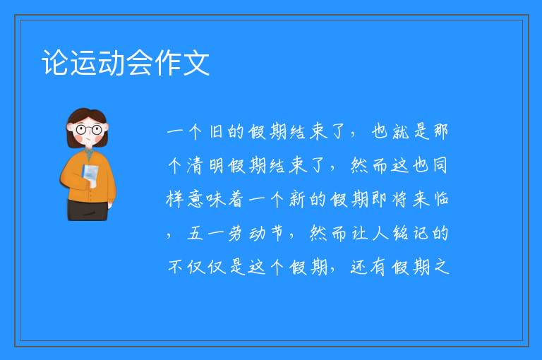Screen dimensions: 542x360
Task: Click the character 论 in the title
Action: [55, 63]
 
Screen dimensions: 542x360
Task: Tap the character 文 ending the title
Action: [196, 63]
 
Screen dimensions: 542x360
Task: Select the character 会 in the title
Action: [140, 63]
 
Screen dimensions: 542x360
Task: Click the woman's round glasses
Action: [88, 130]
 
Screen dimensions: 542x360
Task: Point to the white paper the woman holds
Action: [90, 174]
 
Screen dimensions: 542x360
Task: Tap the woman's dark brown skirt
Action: [88, 210]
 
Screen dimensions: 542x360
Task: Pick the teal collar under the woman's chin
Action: [89, 154]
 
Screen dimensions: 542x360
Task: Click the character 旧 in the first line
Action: [216, 131]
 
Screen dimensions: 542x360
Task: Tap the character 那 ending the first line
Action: [440, 131]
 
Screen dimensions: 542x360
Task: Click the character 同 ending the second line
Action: [440, 165]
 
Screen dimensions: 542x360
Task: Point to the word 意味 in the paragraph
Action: [206, 200]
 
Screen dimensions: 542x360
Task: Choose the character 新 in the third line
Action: [297, 200]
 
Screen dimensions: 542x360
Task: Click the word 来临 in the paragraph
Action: [430, 200]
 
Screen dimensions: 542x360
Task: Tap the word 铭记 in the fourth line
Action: [410, 234]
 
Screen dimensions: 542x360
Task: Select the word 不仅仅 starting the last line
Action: [197, 268]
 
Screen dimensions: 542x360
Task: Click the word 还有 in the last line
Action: [368, 268]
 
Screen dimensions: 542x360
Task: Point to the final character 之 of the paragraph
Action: [441, 268]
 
